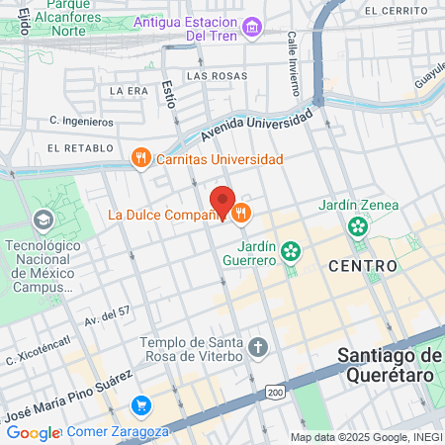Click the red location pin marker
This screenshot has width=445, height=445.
(x=223, y=202)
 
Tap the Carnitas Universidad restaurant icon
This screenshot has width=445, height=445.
(x=141, y=157)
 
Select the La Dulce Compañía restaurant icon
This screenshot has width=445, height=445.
(x=240, y=213)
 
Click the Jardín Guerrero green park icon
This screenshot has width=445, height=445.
(x=291, y=250)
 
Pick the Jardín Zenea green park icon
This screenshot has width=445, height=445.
(x=358, y=227)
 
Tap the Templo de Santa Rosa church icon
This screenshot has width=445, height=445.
(x=258, y=346)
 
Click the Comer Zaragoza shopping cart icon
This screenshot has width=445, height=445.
(x=141, y=405)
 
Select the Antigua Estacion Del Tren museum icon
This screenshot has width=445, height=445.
(x=252, y=25)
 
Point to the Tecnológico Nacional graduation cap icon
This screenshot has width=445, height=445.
(x=44, y=219)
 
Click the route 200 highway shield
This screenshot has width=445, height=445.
(x=275, y=393)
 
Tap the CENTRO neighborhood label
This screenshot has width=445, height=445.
(x=363, y=265)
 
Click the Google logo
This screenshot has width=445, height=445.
(x=33, y=432)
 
